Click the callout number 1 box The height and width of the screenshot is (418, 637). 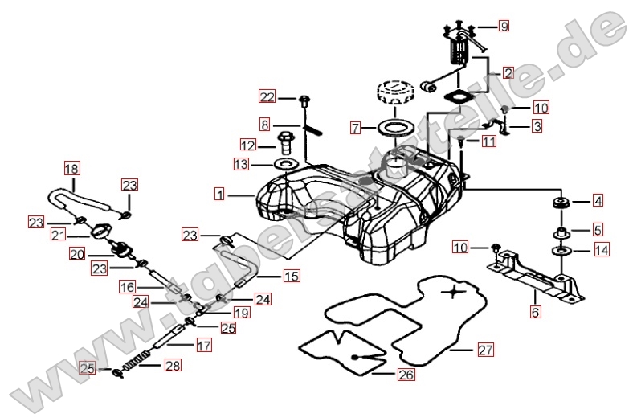pos(219,194)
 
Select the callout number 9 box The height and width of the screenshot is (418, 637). pos(504,27)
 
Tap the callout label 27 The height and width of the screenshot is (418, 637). pos(484,350)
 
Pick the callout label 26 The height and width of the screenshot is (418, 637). pos(405,374)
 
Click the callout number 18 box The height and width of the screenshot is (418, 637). pos(72,169)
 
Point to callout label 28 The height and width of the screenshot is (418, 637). pos(173,366)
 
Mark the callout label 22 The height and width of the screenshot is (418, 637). pos(267,97)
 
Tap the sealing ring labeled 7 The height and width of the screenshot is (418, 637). pos(393,128)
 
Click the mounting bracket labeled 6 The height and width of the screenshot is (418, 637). pos(534,274)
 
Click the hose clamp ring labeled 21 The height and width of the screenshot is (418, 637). pos(101,232)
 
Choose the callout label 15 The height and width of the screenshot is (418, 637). pos(291,277)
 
